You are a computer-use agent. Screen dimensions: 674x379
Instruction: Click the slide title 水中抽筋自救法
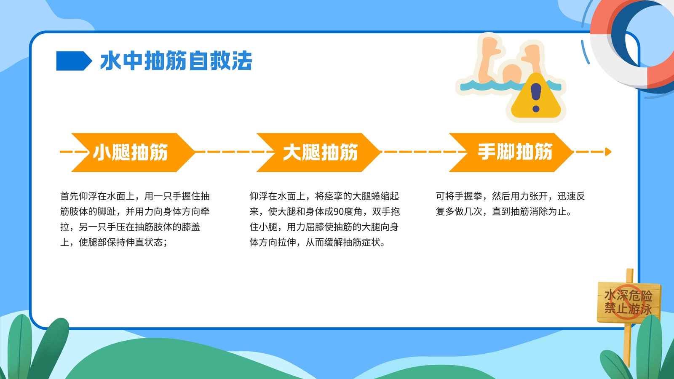176,61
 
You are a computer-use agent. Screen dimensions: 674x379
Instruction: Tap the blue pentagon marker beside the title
74,61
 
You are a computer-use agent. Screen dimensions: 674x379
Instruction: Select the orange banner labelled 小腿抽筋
133,152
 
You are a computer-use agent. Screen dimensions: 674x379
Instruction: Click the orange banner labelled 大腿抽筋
318,152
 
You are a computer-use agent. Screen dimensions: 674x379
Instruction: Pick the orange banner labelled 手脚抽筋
511,152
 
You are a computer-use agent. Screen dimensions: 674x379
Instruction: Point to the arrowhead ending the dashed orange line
608,152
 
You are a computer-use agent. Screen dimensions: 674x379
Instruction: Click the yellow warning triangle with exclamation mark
536,97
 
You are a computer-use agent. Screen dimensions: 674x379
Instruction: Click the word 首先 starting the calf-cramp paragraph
69,196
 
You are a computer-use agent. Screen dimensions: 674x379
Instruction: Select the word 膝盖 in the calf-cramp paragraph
191,227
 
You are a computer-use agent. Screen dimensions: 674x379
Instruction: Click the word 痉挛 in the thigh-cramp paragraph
333,196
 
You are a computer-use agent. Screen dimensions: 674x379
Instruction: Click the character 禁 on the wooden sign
610,308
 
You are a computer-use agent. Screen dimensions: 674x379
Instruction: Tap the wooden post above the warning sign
630,275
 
